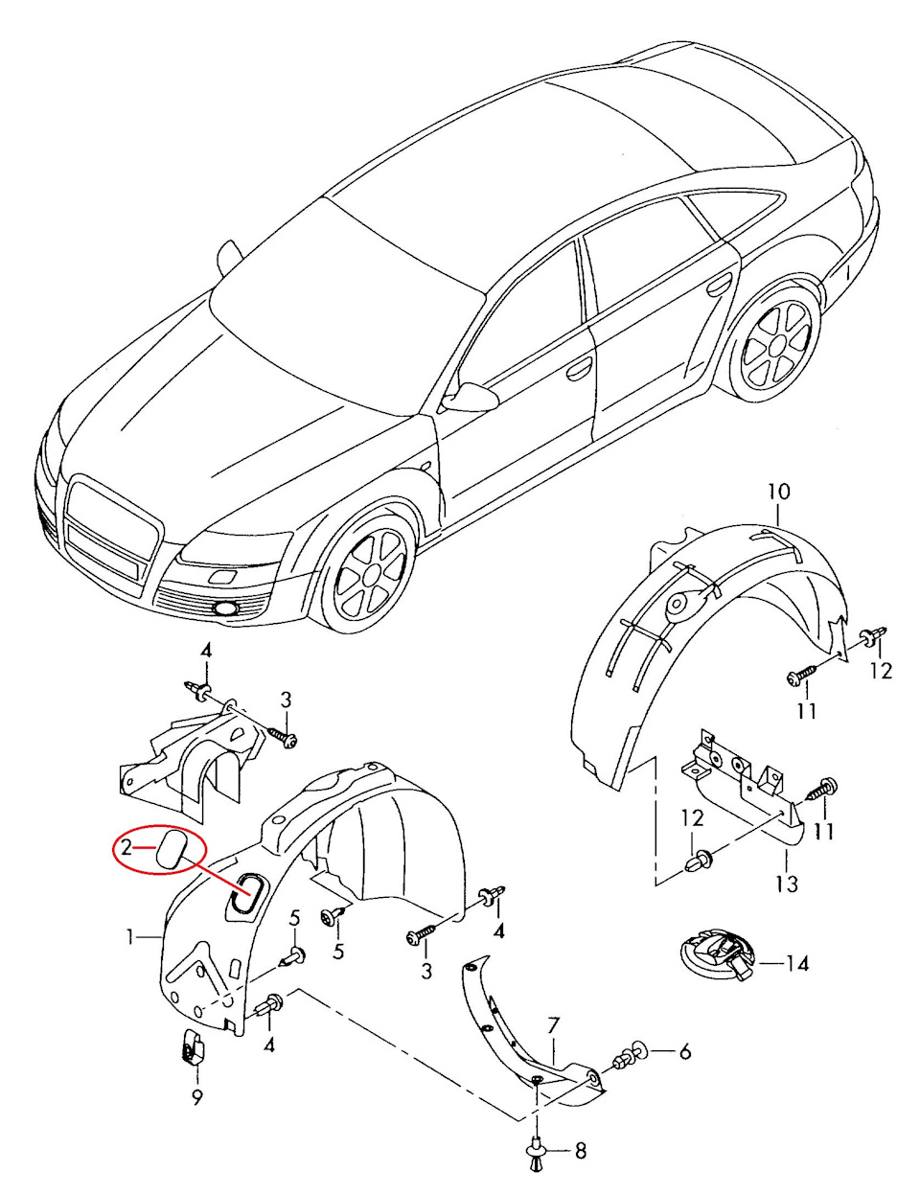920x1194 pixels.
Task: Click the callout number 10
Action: (778, 492)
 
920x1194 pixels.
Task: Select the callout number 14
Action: (796, 963)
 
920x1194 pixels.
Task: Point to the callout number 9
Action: (196, 1098)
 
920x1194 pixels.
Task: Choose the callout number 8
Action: (580, 1151)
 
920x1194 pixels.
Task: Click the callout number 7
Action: (552, 1027)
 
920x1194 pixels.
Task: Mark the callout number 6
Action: (684, 1052)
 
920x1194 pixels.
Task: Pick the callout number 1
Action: (129, 936)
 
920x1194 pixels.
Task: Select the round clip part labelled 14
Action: (717, 955)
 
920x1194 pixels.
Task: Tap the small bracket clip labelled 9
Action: (193, 1049)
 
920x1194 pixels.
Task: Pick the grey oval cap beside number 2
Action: (172, 850)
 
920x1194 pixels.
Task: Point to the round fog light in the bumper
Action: (227, 608)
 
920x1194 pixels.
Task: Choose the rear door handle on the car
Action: (719, 286)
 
